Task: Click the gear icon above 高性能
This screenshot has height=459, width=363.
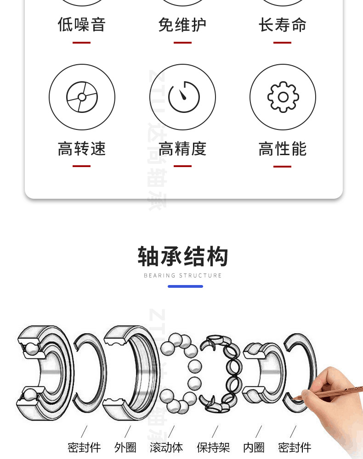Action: [283, 97]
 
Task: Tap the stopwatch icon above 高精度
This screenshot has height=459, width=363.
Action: [184, 97]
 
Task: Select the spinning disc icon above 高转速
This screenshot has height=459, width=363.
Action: [82, 97]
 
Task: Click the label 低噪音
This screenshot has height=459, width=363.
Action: [82, 24]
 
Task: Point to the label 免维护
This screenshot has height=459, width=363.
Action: [182, 24]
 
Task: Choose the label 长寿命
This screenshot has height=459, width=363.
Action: [283, 24]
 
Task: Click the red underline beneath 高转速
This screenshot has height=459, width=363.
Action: [81, 166]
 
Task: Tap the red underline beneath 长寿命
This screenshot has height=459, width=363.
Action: [283, 42]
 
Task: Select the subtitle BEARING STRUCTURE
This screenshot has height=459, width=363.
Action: [182, 275]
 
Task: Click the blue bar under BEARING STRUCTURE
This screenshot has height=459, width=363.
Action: [185, 286]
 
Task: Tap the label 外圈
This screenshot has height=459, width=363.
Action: [125, 448]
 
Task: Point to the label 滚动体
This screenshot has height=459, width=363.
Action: [166, 448]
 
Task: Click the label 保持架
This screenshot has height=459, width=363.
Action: [213, 448]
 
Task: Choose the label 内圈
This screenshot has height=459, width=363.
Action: [254, 448]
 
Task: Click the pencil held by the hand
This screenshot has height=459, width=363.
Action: [328, 392]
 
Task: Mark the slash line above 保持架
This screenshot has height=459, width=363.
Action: [215, 431]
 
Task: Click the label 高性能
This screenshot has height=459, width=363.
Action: [283, 149]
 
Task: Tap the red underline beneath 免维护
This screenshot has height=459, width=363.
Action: [182, 42]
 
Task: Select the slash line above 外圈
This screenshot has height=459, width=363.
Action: [127, 431]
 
